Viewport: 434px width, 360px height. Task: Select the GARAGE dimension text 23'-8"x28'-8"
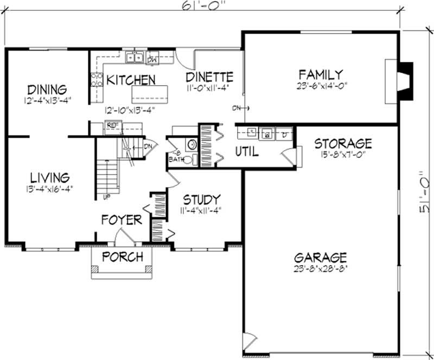320,268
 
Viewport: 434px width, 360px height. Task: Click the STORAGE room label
343,144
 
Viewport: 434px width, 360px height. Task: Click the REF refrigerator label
113,125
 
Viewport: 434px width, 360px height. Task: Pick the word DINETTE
209,76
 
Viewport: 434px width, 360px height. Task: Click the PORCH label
123,256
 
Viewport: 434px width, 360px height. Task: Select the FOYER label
122,220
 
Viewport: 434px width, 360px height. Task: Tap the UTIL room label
246,152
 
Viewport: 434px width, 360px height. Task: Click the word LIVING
49,177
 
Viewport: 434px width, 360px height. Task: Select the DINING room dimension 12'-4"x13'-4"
48,100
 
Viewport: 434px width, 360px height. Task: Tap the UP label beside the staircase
100,196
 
